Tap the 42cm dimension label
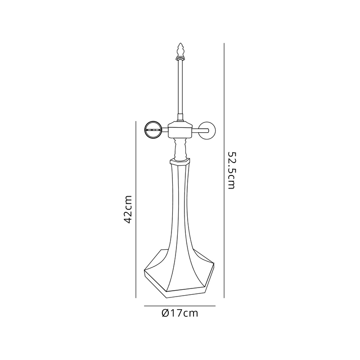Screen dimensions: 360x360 point(127,209)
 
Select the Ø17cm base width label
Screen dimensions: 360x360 point(180,313)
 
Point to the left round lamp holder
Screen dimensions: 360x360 point(153,130)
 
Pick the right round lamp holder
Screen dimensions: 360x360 point(207,130)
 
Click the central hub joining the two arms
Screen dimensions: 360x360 point(180,130)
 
